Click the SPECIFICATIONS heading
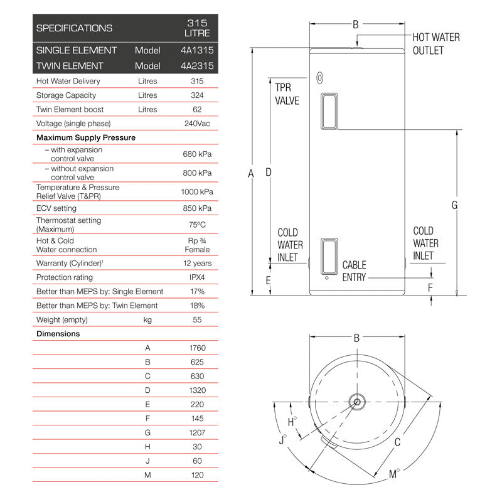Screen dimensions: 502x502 (74, 28)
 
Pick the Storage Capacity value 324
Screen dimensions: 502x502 (197, 95)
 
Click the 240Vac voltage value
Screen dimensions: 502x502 (197, 124)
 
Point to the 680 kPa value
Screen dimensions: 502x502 (197, 154)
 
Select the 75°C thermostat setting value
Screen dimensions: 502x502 (197, 225)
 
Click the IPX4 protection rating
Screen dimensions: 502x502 (197, 277)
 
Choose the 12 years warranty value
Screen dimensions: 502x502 (197, 263)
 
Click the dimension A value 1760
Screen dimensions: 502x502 (197, 348)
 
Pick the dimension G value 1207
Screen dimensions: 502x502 (197, 433)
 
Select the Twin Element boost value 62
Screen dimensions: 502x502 (197, 109)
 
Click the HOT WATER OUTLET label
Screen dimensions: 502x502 (435, 44)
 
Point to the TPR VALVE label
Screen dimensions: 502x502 (287, 94)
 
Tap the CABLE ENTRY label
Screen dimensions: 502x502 (354, 271)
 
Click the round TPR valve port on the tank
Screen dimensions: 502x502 (320, 78)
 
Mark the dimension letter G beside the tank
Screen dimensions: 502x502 (454, 205)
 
